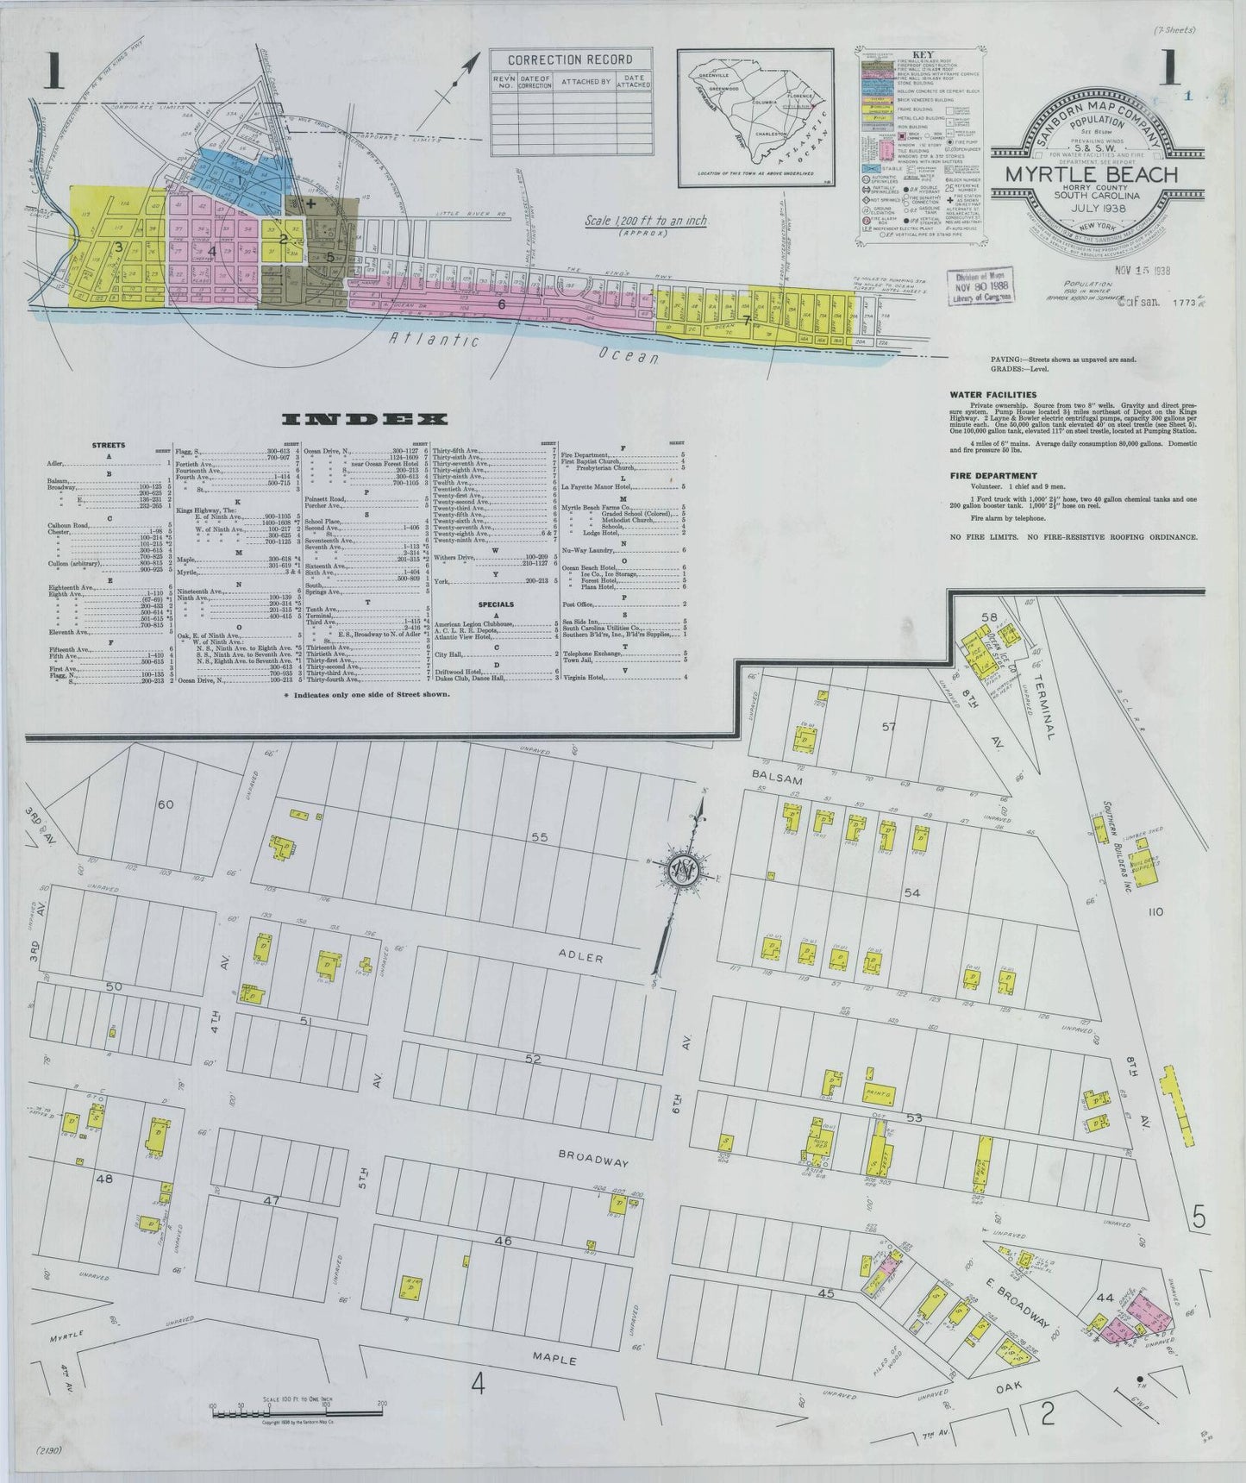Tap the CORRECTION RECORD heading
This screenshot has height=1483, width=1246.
[570, 59]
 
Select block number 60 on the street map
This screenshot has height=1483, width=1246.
[166, 804]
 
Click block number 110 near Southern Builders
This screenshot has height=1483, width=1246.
[1155, 910]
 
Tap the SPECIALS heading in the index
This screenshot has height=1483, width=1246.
[496, 604]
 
